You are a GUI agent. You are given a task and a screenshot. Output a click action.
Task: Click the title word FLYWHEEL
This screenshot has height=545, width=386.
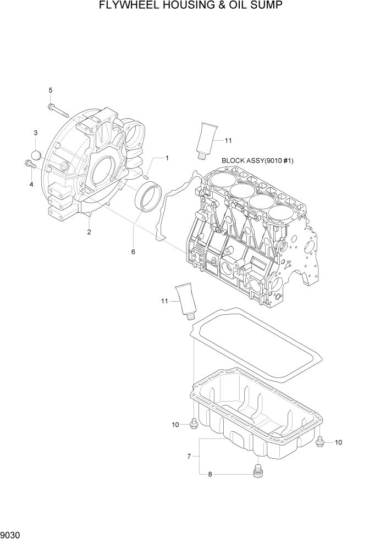click(x=128, y=6)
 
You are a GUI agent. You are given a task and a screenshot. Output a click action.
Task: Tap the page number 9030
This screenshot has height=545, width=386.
click(x=12, y=534)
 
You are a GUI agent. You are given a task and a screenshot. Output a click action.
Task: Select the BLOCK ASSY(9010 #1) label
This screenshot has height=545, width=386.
click(x=257, y=161)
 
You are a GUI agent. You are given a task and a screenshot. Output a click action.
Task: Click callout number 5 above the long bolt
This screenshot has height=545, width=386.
click(x=51, y=90)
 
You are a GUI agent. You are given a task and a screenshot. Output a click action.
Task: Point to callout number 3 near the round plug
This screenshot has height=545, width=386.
click(x=36, y=133)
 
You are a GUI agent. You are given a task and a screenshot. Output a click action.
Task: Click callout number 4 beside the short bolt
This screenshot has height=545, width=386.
click(x=31, y=184)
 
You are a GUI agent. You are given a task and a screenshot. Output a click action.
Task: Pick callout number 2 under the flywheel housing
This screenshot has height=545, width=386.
click(x=89, y=232)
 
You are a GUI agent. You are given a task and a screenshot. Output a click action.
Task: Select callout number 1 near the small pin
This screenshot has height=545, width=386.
click(x=167, y=158)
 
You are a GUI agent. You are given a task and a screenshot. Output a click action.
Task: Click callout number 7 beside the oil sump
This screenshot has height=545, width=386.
click(x=189, y=456)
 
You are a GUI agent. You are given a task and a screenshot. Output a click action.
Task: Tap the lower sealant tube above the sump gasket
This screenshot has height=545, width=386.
click(x=185, y=302)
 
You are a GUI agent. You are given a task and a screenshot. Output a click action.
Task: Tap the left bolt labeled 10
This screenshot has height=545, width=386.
click(x=194, y=424)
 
